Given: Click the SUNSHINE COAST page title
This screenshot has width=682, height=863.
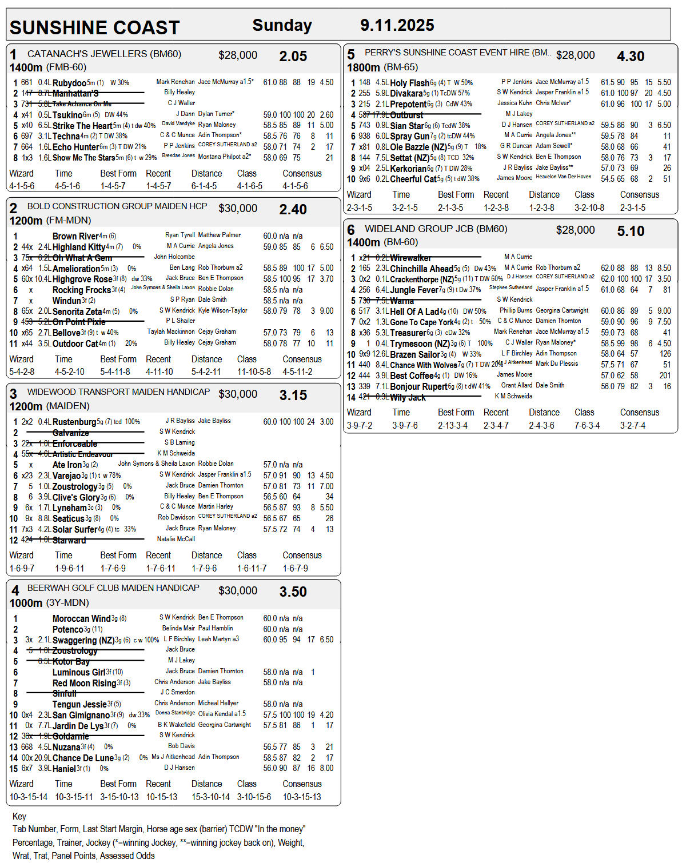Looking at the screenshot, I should pos(95,28).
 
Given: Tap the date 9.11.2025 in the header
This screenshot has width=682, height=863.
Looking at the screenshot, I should pos(397,26).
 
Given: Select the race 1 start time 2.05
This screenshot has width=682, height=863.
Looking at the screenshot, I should pos(293,57).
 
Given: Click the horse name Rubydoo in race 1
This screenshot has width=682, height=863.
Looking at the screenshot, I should pos(69,83).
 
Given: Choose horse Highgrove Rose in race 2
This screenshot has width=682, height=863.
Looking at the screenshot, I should pos(82,279).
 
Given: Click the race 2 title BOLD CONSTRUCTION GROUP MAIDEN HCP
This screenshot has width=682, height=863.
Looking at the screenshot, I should pos(117,206).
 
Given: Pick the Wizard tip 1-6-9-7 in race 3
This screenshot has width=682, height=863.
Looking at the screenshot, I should pos(22,568).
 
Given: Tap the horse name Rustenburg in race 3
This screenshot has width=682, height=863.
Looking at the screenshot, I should pos(74,422).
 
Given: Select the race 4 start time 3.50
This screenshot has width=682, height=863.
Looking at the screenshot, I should pos(293,592).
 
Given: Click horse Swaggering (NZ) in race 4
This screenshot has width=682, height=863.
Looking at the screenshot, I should pos(83,640).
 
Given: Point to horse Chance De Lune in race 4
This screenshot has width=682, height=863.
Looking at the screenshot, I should pos(83,758).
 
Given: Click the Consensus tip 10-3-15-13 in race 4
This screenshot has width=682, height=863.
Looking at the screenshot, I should pos(302,797).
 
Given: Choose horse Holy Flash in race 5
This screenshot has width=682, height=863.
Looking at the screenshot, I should pos(409,83).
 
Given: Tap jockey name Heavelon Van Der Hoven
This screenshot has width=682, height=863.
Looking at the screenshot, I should pos(563,177).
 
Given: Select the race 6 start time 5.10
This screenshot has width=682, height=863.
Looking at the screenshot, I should pos(631,231).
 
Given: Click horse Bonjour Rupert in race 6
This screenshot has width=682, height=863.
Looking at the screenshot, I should pos(418,386).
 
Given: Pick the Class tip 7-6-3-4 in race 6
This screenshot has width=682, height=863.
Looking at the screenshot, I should pos(587,425).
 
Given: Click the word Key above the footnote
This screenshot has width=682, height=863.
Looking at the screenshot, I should pos(19,816).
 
